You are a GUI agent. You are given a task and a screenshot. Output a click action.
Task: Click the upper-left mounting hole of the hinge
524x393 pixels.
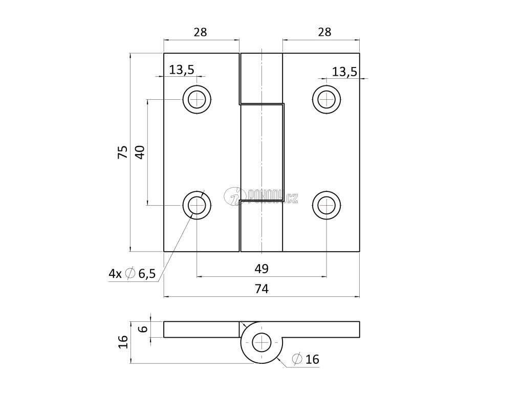click(197, 99)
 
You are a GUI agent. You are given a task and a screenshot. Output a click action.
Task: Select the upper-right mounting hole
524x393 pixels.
click(326, 99)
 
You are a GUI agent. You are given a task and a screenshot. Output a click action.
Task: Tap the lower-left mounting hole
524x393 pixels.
click(197, 205)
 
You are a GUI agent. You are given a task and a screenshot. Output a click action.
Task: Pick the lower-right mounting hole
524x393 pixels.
click(326, 205)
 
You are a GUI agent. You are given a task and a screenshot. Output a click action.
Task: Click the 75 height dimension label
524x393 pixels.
click(123, 151)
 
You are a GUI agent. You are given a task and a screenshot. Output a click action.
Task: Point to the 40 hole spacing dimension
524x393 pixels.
click(140, 152)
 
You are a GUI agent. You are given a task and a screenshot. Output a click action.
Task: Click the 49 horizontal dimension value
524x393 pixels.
click(261, 269)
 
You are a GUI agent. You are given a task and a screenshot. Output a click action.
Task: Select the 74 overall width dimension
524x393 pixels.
click(261, 289)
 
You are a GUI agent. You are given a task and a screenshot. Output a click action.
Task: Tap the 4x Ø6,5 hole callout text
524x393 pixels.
click(132, 274)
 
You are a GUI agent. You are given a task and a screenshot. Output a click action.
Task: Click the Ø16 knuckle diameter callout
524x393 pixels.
click(305, 359)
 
